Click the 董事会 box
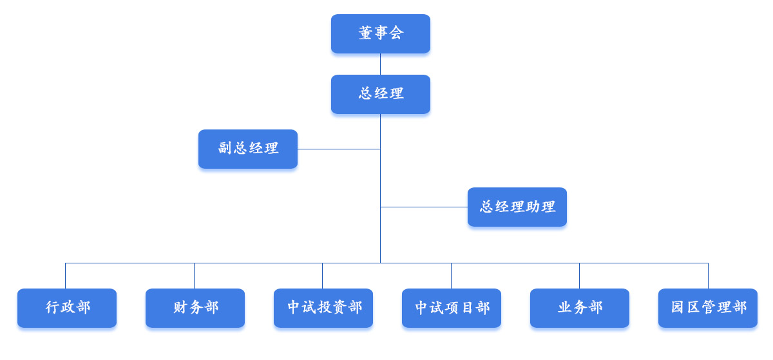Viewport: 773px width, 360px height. tap(380, 33)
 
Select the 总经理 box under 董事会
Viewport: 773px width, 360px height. tap(380, 94)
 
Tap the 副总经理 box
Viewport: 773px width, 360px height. tap(248, 149)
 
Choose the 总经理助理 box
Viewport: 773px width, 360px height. tap(517, 207)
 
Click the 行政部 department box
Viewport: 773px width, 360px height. tap(67, 308)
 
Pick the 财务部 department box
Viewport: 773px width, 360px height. tap(195, 308)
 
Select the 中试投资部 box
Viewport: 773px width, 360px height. tap(323, 308)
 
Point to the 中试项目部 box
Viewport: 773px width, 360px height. tap(452, 308)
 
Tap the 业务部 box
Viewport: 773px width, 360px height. tap(580, 308)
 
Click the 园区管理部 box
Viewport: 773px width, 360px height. tap(708, 308)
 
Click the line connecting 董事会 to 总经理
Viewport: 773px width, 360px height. tap(380, 64)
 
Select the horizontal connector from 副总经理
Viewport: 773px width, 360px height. tap(338, 149)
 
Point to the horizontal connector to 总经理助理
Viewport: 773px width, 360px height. tap(424, 207)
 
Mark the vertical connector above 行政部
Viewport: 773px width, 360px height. tap(65, 276)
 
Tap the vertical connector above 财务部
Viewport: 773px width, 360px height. tap(194, 276)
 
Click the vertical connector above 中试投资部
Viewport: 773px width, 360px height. tap(322, 276)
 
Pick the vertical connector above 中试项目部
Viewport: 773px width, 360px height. tap(451, 276)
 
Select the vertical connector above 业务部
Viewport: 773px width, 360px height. tap(579, 276)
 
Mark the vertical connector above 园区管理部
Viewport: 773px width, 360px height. tap(708, 276)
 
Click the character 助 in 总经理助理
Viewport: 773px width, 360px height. tap(533, 207)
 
